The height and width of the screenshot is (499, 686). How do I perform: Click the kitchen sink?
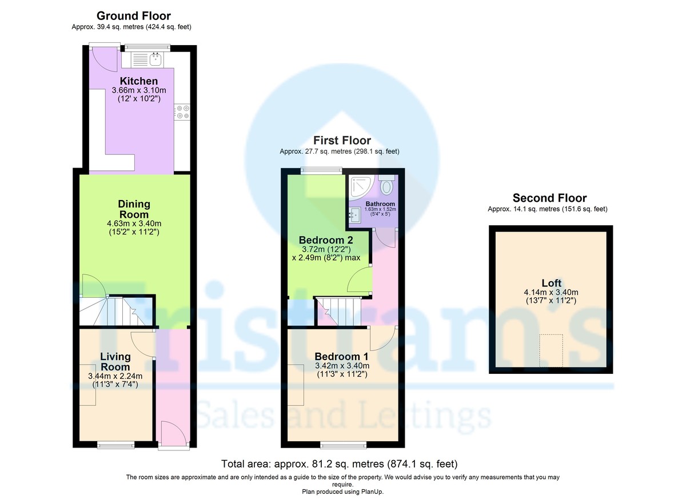point(154,58)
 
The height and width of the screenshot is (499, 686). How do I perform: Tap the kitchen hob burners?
point(183,111)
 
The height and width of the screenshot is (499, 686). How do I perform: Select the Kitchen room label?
point(138,81)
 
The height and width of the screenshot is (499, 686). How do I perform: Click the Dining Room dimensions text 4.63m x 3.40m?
point(134,223)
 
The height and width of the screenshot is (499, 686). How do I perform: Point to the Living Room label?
point(115,362)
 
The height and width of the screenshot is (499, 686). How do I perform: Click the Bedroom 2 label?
point(326,239)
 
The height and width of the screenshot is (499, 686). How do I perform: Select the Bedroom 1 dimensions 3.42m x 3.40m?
point(342,366)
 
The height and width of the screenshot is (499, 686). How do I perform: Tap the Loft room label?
point(551,283)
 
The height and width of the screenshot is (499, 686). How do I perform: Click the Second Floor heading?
point(549,198)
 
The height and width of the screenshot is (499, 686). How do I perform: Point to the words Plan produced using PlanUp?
point(343,491)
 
